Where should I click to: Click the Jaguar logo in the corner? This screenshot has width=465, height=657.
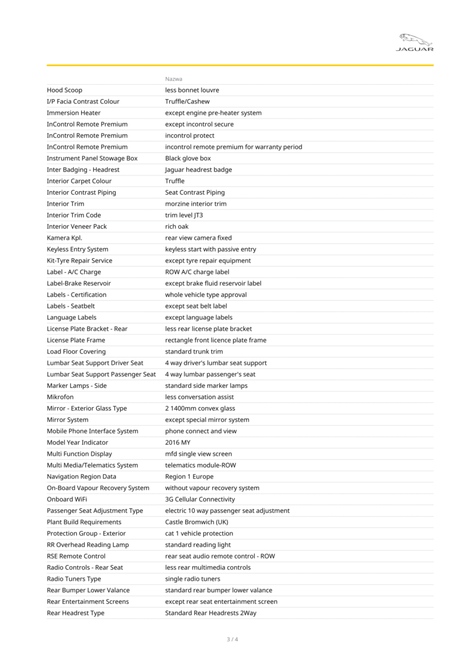(x=415, y=42)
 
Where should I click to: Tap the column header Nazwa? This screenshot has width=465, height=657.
(x=174, y=79)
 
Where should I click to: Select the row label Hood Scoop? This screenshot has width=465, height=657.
(x=65, y=90)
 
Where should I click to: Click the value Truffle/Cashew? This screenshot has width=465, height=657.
(x=188, y=102)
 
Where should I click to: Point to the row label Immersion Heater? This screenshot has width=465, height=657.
(x=74, y=113)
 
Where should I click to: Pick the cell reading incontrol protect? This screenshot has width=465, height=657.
(x=190, y=136)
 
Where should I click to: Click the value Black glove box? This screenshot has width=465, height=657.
(x=188, y=159)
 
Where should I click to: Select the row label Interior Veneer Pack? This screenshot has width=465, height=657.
(x=77, y=227)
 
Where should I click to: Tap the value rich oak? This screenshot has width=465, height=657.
(x=177, y=227)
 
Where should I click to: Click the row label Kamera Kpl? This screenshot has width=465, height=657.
(x=65, y=238)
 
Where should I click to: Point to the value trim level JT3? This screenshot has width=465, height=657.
(x=184, y=215)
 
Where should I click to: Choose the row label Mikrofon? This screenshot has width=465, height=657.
(x=61, y=397)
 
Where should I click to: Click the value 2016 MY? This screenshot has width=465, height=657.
(x=177, y=443)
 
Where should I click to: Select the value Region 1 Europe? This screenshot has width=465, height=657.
(x=190, y=477)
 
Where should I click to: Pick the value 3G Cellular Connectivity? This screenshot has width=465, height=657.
(x=200, y=500)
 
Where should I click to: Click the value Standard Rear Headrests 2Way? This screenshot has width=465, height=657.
(x=211, y=613)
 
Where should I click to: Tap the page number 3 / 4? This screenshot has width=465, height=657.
(x=232, y=639)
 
